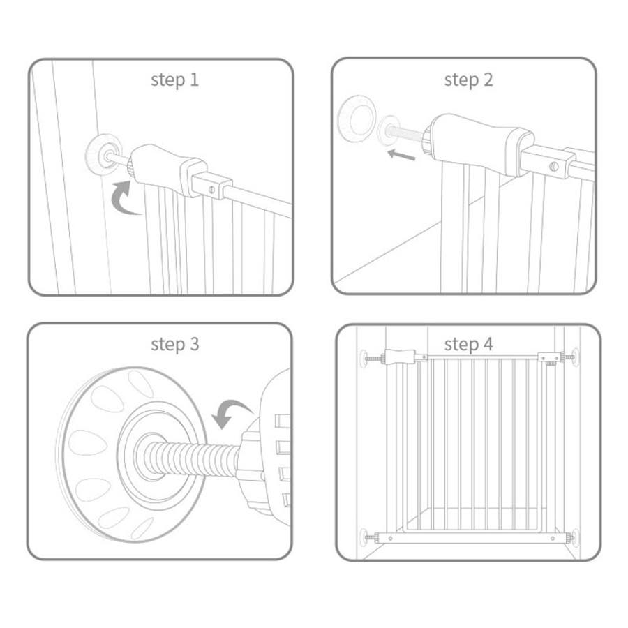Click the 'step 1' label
(174, 80)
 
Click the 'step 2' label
(468, 80)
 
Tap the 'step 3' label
(174, 344)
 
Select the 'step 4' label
(468, 344)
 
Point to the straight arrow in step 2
(402, 155)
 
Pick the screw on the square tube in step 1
(211, 189)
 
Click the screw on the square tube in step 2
(553, 165)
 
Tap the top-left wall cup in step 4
(364, 358)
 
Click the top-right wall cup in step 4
(575, 357)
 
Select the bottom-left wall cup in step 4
(364, 537)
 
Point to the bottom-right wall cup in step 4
(575, 537)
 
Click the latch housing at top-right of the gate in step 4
(551, 357)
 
